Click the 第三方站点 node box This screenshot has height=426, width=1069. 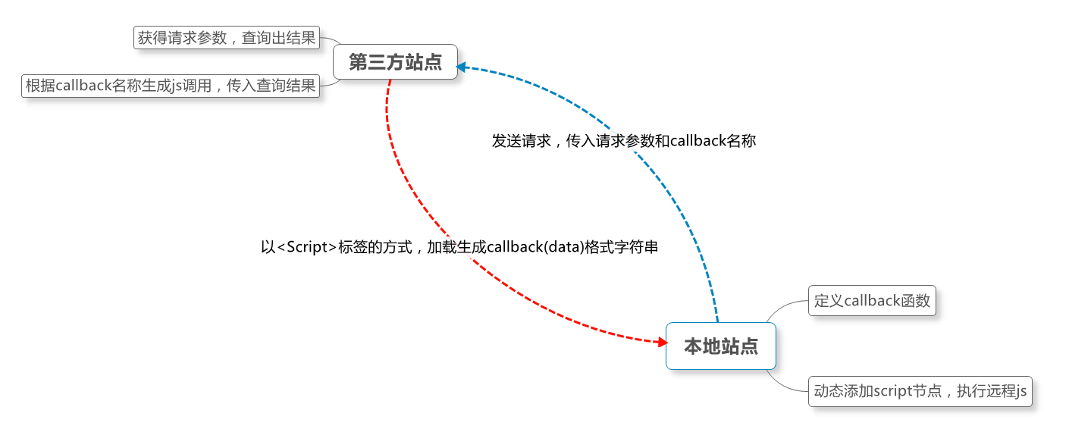tap(395, 62)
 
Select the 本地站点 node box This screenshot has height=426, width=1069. tap(720, 346)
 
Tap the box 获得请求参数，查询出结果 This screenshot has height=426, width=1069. tap(227, 37)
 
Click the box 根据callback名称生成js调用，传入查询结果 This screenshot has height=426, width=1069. tap(171, 86)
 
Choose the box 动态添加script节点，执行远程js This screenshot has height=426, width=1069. tap(920, 391)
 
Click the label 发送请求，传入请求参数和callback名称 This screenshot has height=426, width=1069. tap(623, 141)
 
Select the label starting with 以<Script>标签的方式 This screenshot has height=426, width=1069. tap(459, 247)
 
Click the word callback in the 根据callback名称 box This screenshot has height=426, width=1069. tap(84, 86)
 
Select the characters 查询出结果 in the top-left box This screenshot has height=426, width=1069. tap(278, 37)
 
